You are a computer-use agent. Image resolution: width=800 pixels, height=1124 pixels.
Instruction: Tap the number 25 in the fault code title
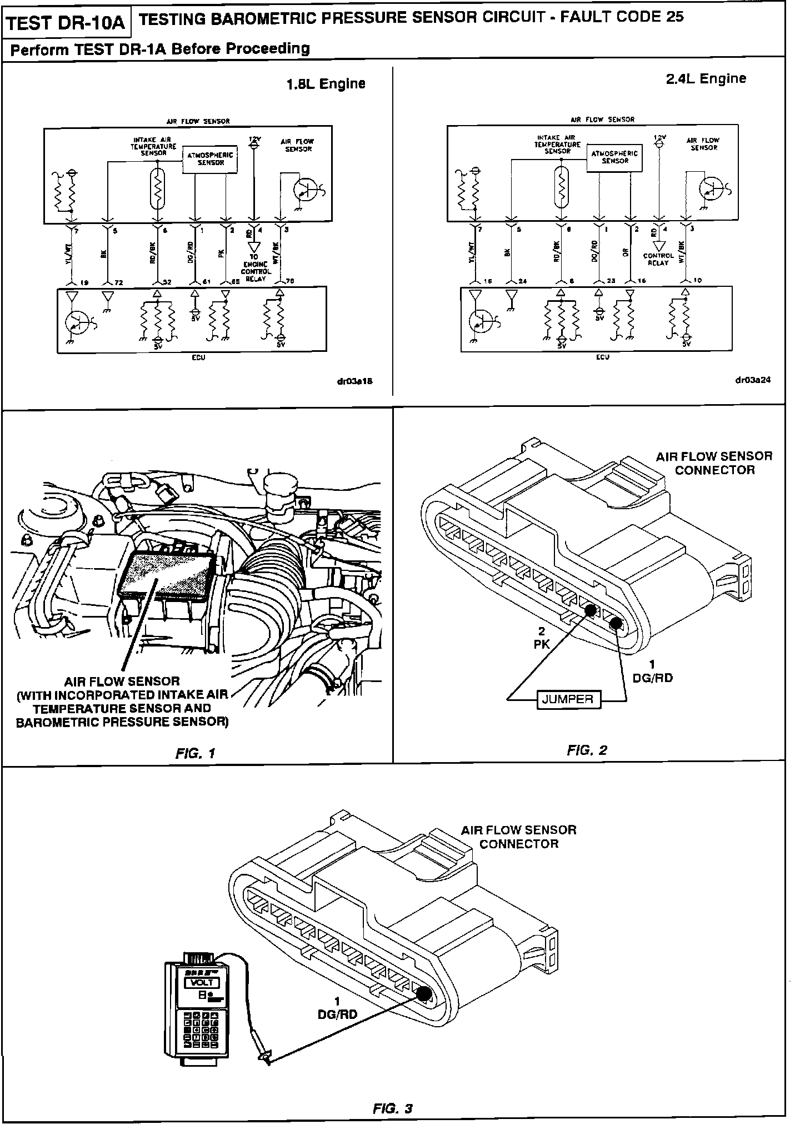click(674, 17)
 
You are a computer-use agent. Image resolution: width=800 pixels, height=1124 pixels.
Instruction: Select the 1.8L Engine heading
click(326, 84)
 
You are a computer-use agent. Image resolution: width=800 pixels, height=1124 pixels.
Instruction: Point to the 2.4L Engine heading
click(706, 78)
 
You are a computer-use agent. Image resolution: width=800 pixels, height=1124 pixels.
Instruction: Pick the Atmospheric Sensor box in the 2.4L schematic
click(614, 157)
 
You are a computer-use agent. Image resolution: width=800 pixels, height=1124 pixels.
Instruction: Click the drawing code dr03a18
click(350, 381)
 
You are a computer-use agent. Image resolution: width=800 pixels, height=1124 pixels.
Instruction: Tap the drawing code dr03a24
click(752, 380)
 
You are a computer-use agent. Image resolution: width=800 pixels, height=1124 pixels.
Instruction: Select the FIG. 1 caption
click(195, 753)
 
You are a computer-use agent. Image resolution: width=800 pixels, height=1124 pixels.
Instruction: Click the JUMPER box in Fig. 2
click(568, 699)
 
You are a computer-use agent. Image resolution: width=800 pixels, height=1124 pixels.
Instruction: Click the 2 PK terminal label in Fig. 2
click(542, 638)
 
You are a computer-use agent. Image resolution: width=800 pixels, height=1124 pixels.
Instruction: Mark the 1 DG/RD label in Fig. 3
click(337, 1008)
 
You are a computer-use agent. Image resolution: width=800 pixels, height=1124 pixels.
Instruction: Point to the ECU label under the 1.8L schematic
click(198, 357)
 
